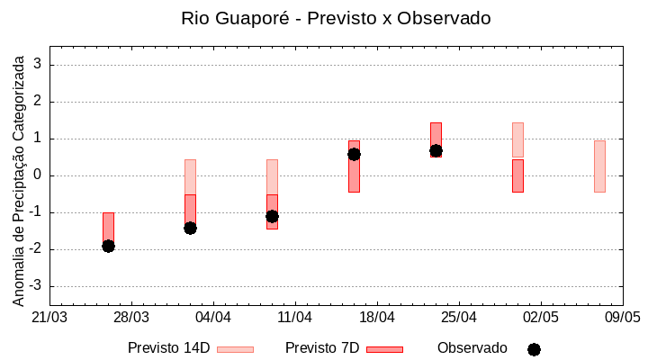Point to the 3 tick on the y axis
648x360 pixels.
pos(39,65)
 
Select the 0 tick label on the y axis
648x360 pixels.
pos(39,175)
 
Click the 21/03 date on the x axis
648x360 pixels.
pos(49,318)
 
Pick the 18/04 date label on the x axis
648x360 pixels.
pos(377,318)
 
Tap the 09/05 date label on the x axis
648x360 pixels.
pos(622,318)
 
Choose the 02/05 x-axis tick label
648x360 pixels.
pos(541,318)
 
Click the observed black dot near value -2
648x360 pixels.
pos(108,246)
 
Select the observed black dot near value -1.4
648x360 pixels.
pos(190,228)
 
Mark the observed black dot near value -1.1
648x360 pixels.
pos(272,216)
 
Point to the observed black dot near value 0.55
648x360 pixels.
pos(354,154)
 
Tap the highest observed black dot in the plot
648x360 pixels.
pos(436,150)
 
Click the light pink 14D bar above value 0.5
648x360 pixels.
pos(517,139)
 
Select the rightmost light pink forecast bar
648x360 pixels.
pos(599,166)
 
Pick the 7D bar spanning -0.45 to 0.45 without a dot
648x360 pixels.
pos(517,175)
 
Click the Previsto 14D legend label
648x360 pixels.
pos(169,348)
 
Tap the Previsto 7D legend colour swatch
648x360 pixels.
pos(384,349)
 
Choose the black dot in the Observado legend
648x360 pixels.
pos(534,349)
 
